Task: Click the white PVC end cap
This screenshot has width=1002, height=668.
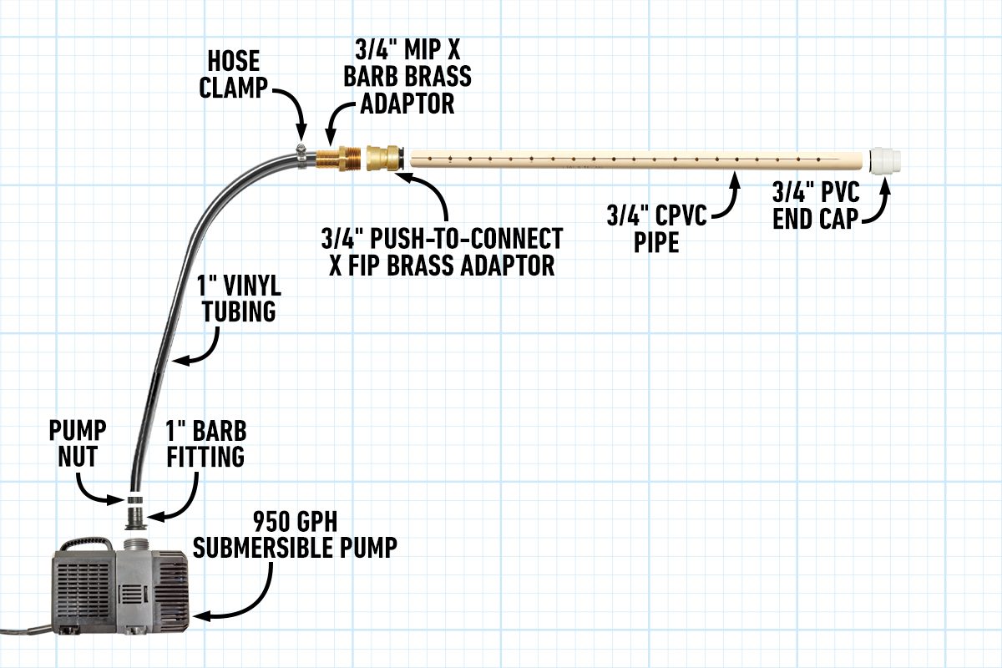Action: [883, 159]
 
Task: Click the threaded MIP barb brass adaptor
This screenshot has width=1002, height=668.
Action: [337, 157]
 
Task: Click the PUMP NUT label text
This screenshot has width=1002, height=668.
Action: [76, 443]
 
